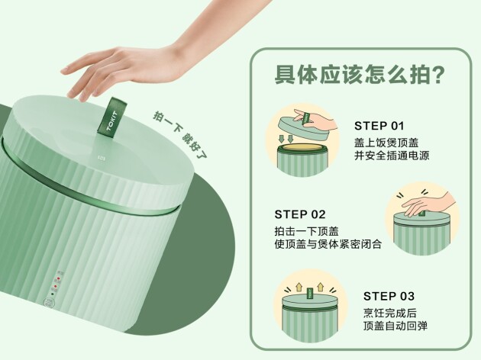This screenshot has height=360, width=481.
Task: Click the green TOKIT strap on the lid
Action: (112, 116)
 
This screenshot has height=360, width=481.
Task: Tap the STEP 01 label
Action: (379, 126)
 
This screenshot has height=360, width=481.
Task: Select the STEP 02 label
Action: (300, 214)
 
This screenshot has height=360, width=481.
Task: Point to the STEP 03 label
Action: (389, 296)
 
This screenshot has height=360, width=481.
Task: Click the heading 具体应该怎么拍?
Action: (360, 75)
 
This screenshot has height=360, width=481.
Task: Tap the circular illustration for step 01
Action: (303, 140)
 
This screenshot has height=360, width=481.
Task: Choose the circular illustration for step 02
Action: (422, 219)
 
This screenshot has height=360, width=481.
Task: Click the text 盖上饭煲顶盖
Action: (386, 143)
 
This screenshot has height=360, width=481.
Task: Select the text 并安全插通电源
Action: (392, 156)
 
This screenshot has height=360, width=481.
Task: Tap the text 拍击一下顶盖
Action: (307, 231)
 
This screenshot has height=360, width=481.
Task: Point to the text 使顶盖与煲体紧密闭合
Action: (328, 244)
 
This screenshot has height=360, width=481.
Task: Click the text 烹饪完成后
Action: (390, 313)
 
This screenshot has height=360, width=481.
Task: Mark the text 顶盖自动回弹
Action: (395, 326)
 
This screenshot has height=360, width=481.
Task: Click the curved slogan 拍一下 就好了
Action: (180, 136)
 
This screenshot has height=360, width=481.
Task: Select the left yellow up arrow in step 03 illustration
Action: (299, 287)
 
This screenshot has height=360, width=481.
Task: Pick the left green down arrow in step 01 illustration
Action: (282, 139)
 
